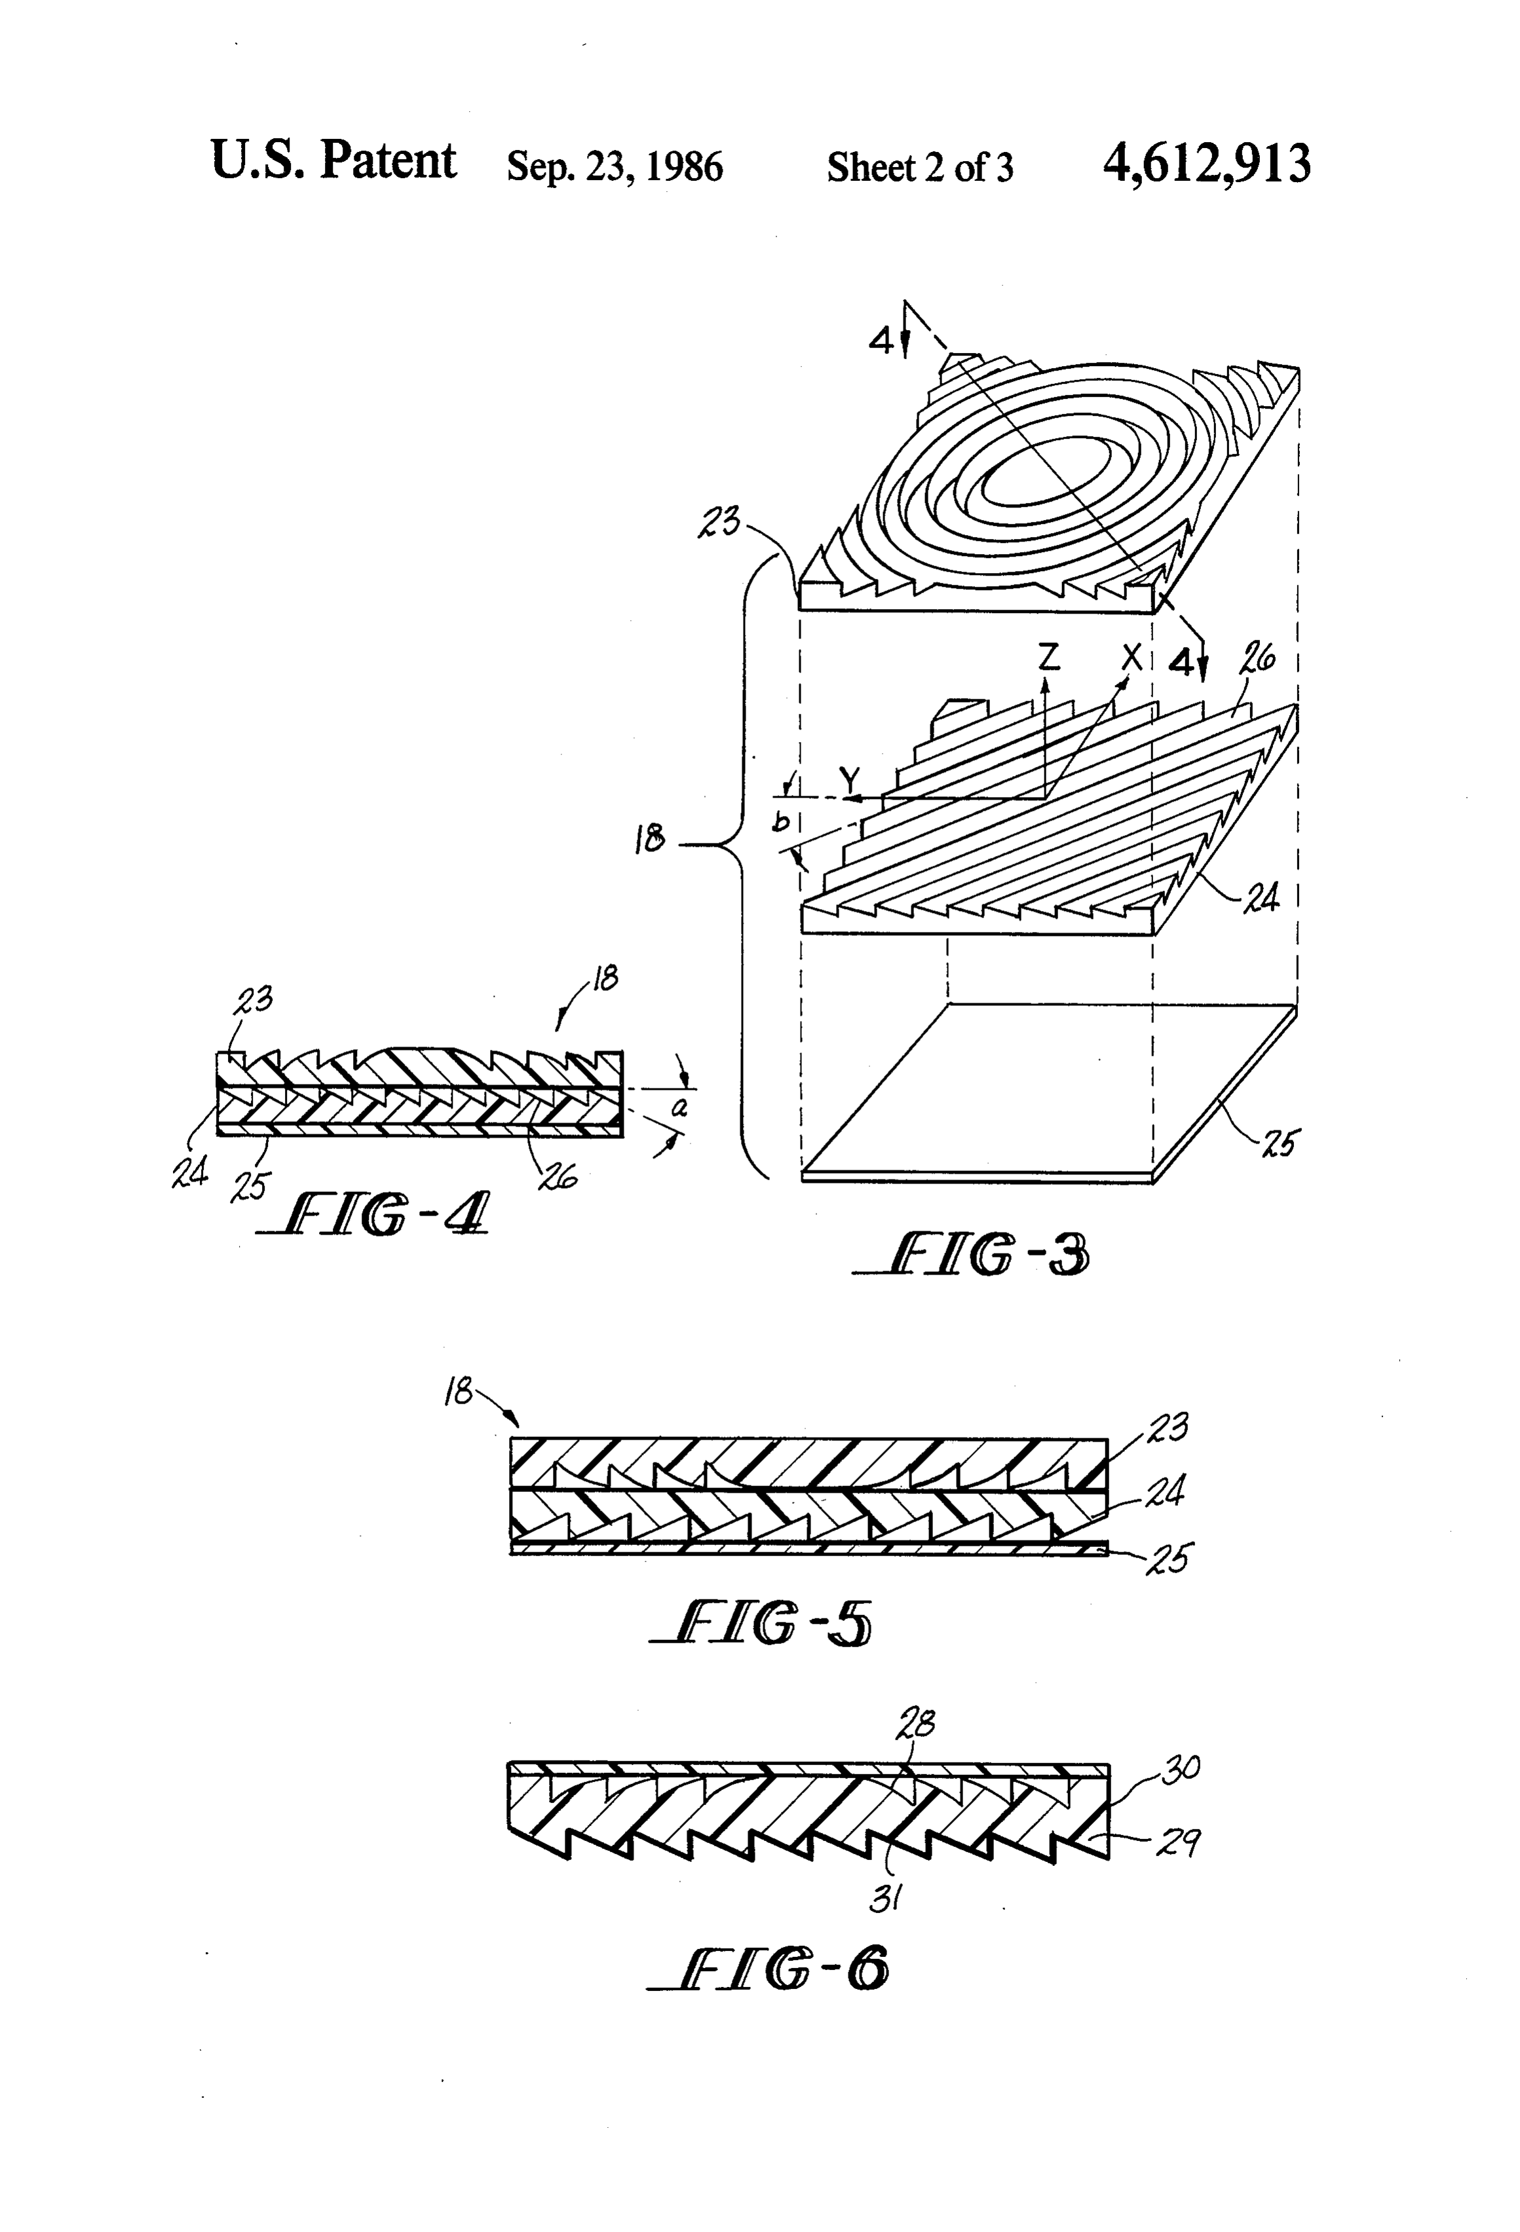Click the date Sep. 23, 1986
point(615,166)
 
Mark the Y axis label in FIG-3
point(849,781)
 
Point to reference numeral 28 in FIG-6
point(915,1724)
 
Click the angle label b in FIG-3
point(783,822)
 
